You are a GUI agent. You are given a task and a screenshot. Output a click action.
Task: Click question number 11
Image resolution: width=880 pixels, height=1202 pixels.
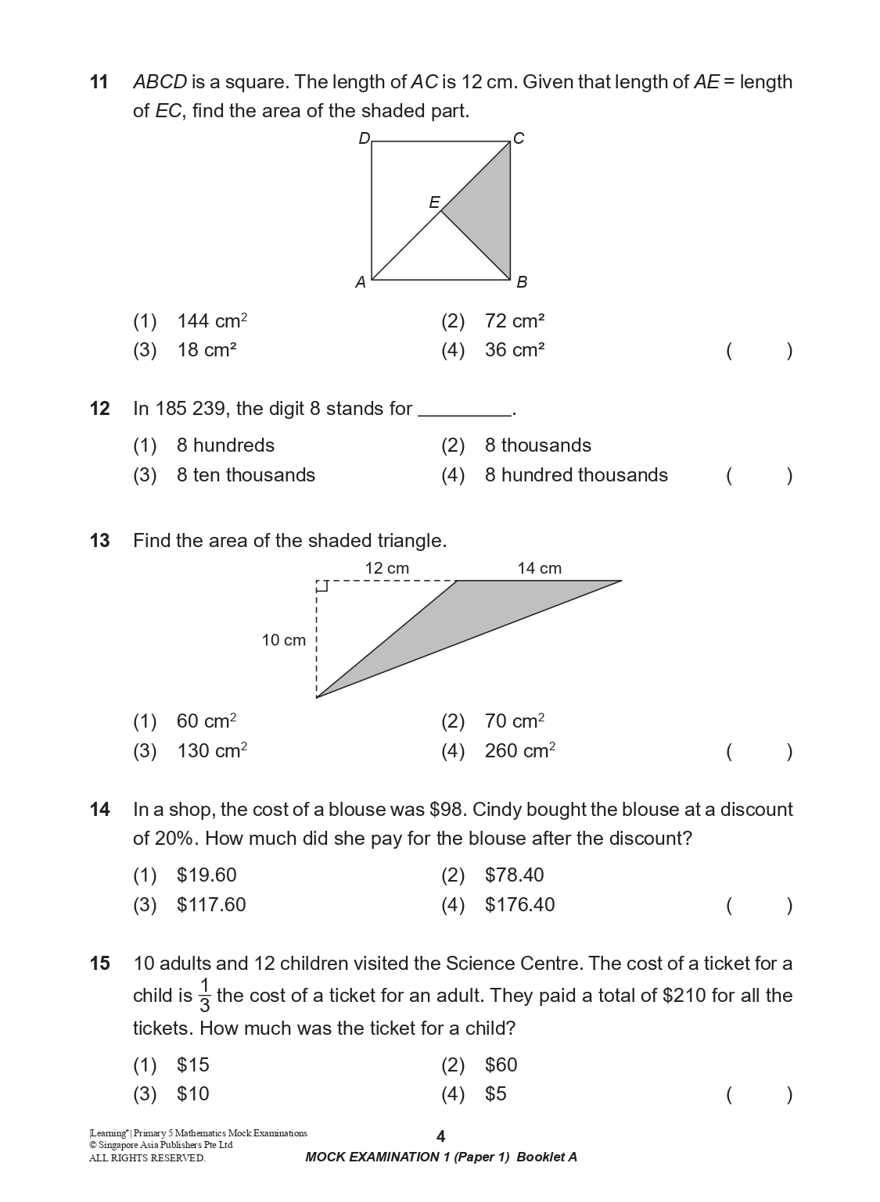click(99, 82)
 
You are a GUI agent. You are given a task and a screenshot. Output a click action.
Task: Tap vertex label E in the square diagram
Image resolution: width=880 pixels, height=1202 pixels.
click(434, 202)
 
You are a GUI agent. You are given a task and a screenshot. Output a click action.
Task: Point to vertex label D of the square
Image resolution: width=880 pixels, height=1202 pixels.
click(364, 139)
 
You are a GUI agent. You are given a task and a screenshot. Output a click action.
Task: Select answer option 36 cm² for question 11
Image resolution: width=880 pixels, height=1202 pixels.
click(514, 350)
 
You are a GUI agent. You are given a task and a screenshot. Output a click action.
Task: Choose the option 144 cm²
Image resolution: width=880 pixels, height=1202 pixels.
click(211, 321)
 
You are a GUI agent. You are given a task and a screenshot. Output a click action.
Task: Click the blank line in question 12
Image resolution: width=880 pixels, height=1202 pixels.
click(465, 410)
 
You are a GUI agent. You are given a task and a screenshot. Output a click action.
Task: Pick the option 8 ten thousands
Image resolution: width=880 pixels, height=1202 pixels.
click(245, 475)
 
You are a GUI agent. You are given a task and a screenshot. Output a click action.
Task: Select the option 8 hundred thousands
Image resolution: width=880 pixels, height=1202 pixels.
click(576, 475)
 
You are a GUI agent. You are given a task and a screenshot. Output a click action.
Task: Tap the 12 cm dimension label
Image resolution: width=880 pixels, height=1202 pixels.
click(386, 568)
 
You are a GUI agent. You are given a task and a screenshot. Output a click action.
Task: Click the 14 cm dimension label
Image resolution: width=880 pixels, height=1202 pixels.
click(539, 568)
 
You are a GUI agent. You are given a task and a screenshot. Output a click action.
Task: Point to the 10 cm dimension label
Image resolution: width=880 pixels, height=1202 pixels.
click(283, 640)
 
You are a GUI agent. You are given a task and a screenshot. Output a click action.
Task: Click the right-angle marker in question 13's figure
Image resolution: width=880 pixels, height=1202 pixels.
click(321, 586)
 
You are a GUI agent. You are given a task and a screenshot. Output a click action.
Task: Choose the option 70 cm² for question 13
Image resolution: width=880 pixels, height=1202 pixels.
click(514, 721)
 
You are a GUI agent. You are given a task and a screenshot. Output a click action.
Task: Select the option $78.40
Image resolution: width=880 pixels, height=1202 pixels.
click(514, 875)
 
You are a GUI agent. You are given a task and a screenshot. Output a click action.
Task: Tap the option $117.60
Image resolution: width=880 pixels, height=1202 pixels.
click(210, 905)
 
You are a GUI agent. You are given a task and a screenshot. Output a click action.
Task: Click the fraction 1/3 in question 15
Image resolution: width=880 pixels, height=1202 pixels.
click(205, 995)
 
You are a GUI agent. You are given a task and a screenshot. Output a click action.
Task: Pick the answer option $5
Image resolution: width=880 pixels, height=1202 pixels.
click(495, 1094)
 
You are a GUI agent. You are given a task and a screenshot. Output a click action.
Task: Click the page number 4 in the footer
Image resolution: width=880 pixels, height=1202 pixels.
click(440, 1136)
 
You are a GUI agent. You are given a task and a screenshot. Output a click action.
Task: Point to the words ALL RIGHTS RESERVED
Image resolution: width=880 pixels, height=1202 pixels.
click(147, 1158)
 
